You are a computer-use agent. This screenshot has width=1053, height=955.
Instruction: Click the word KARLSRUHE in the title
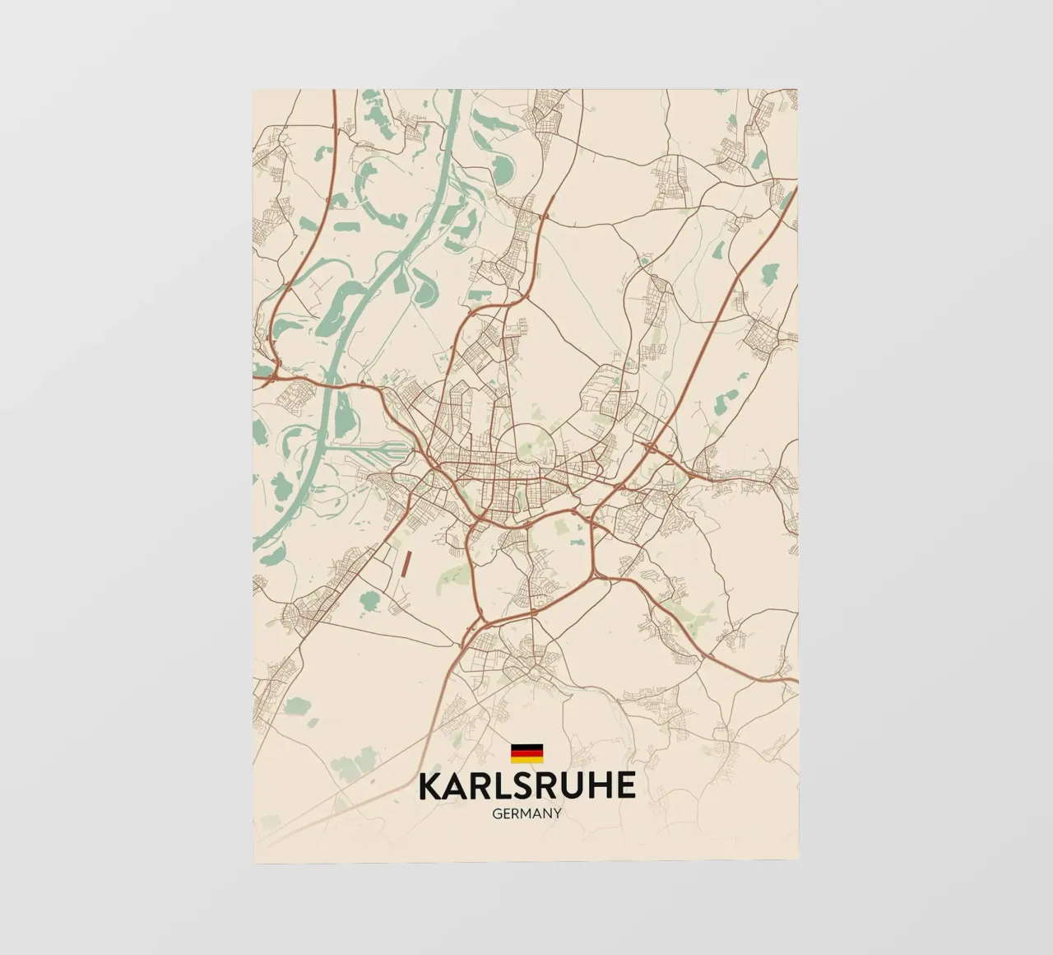click(x=527, y=785)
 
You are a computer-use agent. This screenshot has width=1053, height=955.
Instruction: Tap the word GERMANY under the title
click(x=526, y=813)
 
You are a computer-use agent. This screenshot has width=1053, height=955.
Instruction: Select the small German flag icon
click(x=526, y=752)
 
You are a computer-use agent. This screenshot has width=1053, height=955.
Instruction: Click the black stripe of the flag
click(x=526, y=747)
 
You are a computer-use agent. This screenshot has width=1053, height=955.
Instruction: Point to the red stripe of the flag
click(x=526, y=752)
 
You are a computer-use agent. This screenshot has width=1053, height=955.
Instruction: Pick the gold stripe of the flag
click(x=526, y=759)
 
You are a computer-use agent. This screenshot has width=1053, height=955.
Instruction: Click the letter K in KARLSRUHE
click(x=430, y=785)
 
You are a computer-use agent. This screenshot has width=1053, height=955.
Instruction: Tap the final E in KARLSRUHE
click(x=626, y=785)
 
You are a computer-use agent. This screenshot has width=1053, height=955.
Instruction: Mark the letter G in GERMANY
click(x=497, y=813)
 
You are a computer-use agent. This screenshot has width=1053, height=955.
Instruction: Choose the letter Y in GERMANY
click(x=557, y=813)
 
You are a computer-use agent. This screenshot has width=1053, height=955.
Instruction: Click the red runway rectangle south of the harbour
click(x=406, y=563)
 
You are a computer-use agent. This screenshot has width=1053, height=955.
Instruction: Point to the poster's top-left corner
click(x=253, y=89)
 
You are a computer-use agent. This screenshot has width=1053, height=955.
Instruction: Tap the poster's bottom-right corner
click(x=798, y=862)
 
